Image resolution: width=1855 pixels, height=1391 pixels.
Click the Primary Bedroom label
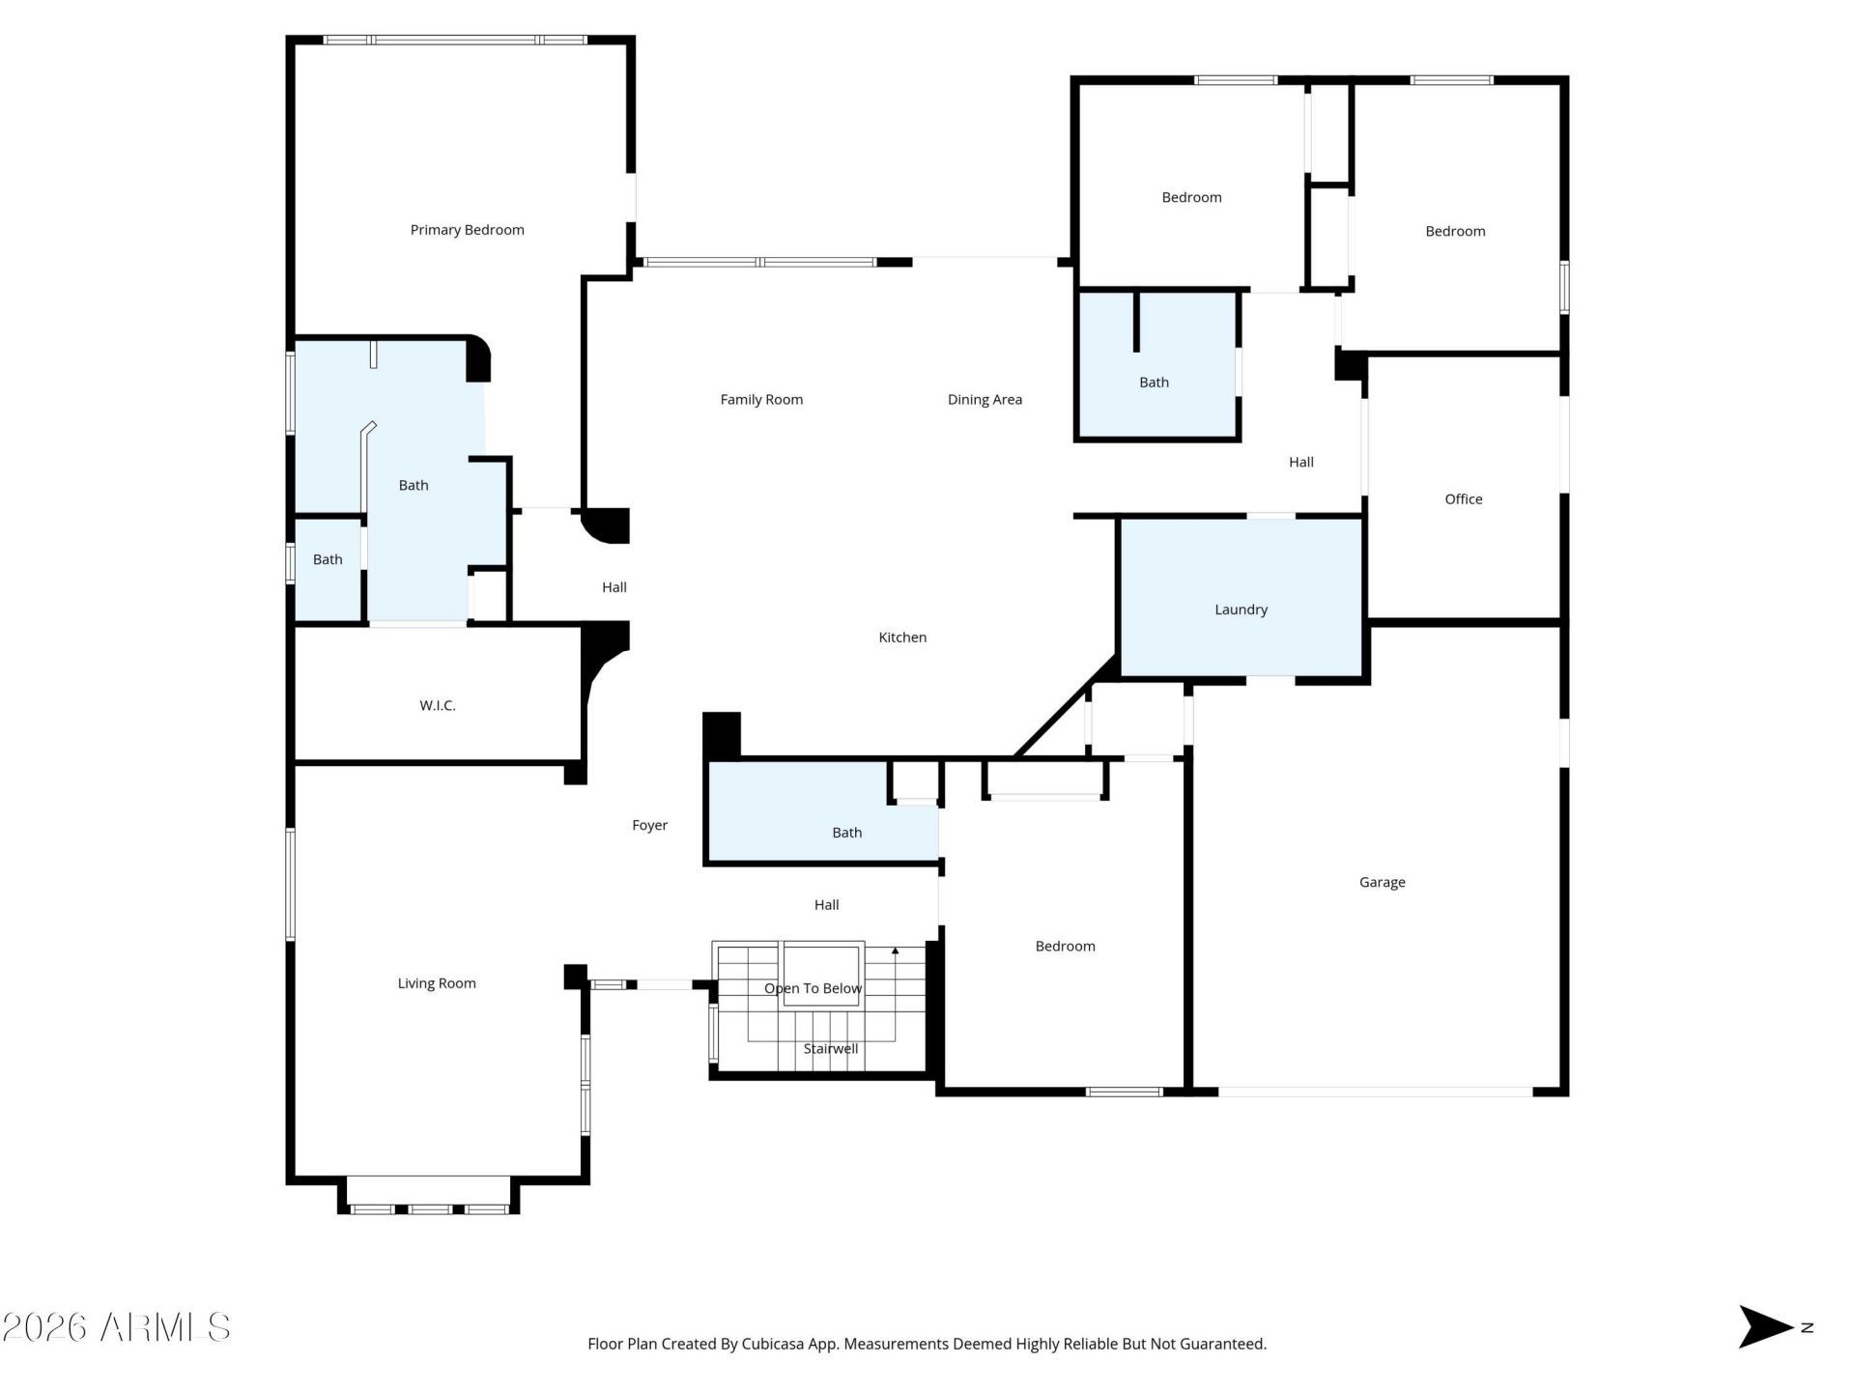tap(467, 230)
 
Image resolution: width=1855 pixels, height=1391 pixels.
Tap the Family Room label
tap(761, 399)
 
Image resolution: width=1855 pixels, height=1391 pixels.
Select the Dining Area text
tap(985, 399)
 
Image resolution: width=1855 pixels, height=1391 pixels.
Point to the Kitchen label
tap(902, 637)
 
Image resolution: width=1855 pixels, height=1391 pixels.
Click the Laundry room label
tap(1241, 610)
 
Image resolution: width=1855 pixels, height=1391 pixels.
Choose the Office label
tap(1463, 498)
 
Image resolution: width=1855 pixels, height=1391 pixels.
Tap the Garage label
tap(1382, 882)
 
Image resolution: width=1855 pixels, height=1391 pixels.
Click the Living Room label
tap(437, 983)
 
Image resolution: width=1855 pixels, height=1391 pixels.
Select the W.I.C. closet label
tap(437, 705)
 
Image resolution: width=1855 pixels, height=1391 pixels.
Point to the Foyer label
tap(649, 825)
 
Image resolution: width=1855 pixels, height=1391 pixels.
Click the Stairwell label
tap(831, 1048)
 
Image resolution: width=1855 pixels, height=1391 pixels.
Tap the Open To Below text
tap(813, 988)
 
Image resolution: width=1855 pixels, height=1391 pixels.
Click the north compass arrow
tap(1766, 1326)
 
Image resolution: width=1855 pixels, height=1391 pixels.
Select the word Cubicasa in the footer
tap(773, 1344)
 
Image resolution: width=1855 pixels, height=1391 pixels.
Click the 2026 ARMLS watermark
tap(116, 1327)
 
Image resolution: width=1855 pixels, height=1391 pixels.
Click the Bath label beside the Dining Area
tap(1154, 383)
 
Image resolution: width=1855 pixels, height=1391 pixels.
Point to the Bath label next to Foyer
tap(846, 833)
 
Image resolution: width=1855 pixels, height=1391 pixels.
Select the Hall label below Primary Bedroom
tap(614, 587)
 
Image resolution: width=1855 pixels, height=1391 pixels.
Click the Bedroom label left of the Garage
tap(1065, 946)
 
